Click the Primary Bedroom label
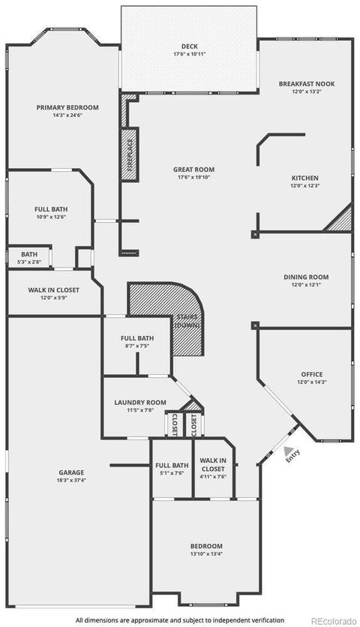click(x=67, y=107)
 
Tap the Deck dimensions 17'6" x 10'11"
click(x=189, y=54)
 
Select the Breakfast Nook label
click(x=307, y=84)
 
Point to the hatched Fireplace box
click(x=130, y=154)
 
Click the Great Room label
click(x=193, y=169)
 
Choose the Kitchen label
click(x=304, y=178)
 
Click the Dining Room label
click(x=306, y=277)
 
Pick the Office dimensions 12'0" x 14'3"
click(x=311, y=382)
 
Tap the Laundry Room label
click(x=140, y=402)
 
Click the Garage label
click(x=71, y=472)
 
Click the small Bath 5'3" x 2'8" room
click(x=29, y=258)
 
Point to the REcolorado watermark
click(x=333, y=621)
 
